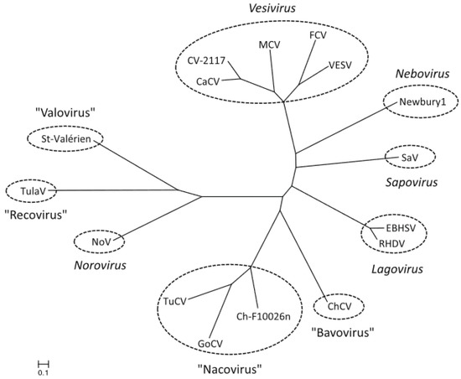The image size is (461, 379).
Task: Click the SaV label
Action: pyautogui.click(x=410, y=157)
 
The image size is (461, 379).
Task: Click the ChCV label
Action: pyautogui.click(x=339, y=307)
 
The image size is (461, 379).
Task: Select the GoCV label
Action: pyautogui.click(x=211, y=343)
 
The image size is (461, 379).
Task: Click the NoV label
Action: pyautogui.click(x=101, y=242)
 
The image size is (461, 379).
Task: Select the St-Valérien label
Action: pyautogui.click(x=65, y=138)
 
